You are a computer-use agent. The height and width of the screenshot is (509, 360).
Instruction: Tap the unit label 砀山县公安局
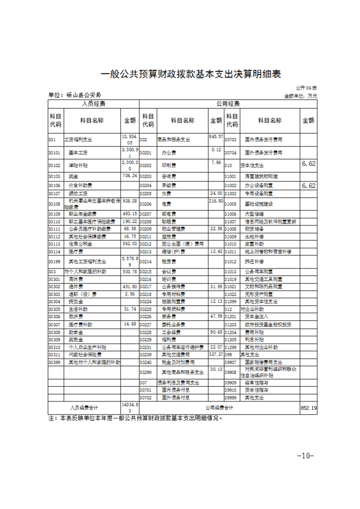point(74,95)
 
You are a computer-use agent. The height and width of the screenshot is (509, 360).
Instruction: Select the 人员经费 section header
point(94,104)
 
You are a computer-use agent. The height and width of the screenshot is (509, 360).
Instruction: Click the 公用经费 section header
point(228,104)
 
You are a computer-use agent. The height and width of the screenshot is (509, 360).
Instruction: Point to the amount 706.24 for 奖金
point(129,176)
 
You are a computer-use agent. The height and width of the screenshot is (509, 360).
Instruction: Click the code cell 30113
point(54,244)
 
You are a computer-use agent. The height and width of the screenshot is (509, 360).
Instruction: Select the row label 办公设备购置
point(259,186)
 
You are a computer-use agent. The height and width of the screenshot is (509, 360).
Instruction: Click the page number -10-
point(305,455)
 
